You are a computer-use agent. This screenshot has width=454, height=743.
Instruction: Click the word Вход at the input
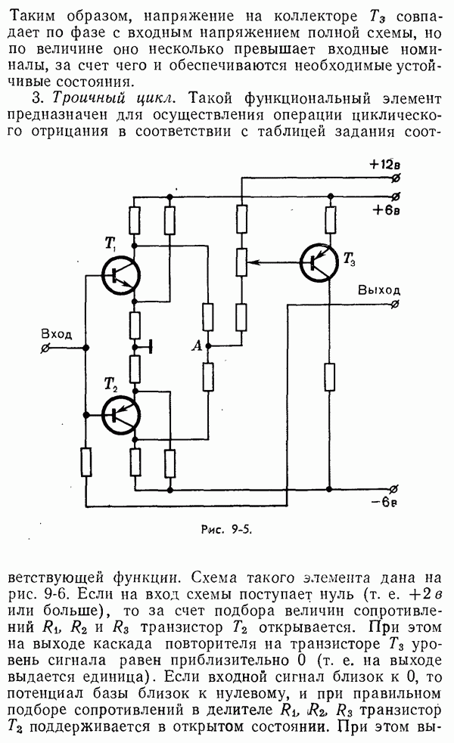pos(57,333)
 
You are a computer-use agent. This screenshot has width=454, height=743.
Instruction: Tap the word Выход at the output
pos(380,290)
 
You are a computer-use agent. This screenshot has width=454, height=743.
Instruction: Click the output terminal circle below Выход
pos(396,305)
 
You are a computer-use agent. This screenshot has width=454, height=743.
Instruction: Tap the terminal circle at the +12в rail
pos(396,178)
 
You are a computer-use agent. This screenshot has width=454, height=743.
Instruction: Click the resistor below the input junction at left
pos(86,460)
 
